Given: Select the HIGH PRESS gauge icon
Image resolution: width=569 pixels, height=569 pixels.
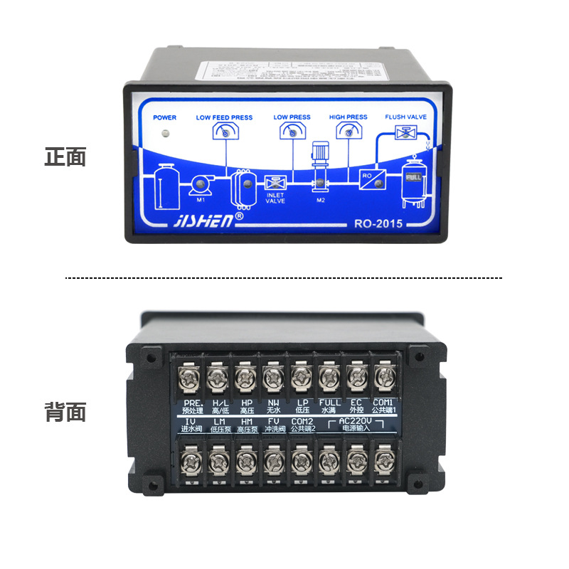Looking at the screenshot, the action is pos(348,130).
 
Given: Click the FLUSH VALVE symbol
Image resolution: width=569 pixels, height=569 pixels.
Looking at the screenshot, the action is pos(407,133).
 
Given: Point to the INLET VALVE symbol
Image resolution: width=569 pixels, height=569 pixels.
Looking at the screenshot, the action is pos(275,183).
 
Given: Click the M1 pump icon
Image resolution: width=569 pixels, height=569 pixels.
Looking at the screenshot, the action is pos(199,184).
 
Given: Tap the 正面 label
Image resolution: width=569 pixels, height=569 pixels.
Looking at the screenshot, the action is pos(65,157).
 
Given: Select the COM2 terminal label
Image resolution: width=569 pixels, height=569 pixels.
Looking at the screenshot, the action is pos(301,422).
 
